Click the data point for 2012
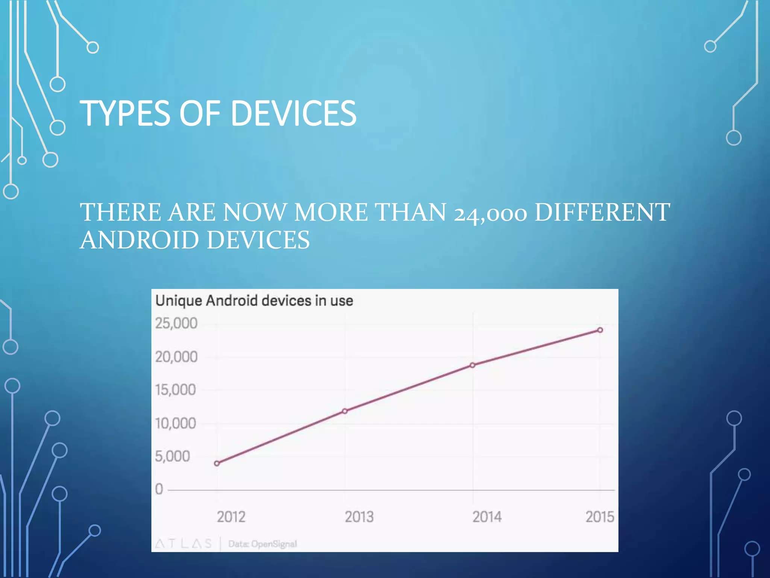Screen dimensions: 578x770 pos(217,463)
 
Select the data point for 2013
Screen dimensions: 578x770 pos(345,411)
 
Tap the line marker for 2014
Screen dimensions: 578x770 pos(473,365)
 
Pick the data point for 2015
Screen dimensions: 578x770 pos(600,330)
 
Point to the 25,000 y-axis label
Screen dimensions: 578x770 pos(176,323)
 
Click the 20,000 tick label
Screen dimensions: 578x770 pos(176,357)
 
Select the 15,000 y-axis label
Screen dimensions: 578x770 pos(175,390)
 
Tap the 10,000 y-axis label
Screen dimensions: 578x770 pos(175,423)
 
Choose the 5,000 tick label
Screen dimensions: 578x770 pos(172,456)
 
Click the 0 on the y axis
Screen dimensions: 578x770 pos(159,489)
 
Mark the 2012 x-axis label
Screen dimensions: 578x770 pos(231,517)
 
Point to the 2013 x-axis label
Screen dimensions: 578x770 pos(359,517)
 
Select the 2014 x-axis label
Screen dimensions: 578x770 pos(487,517)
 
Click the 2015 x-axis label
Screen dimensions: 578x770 pos(600,517)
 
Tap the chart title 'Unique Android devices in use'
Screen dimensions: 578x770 pos(254,301)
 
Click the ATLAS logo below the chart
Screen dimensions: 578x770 pos(183,543)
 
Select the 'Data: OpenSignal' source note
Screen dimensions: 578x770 pos(262,544)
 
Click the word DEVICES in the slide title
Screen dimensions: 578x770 pos(293,113)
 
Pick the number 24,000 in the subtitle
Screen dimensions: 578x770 pos(490,213)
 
